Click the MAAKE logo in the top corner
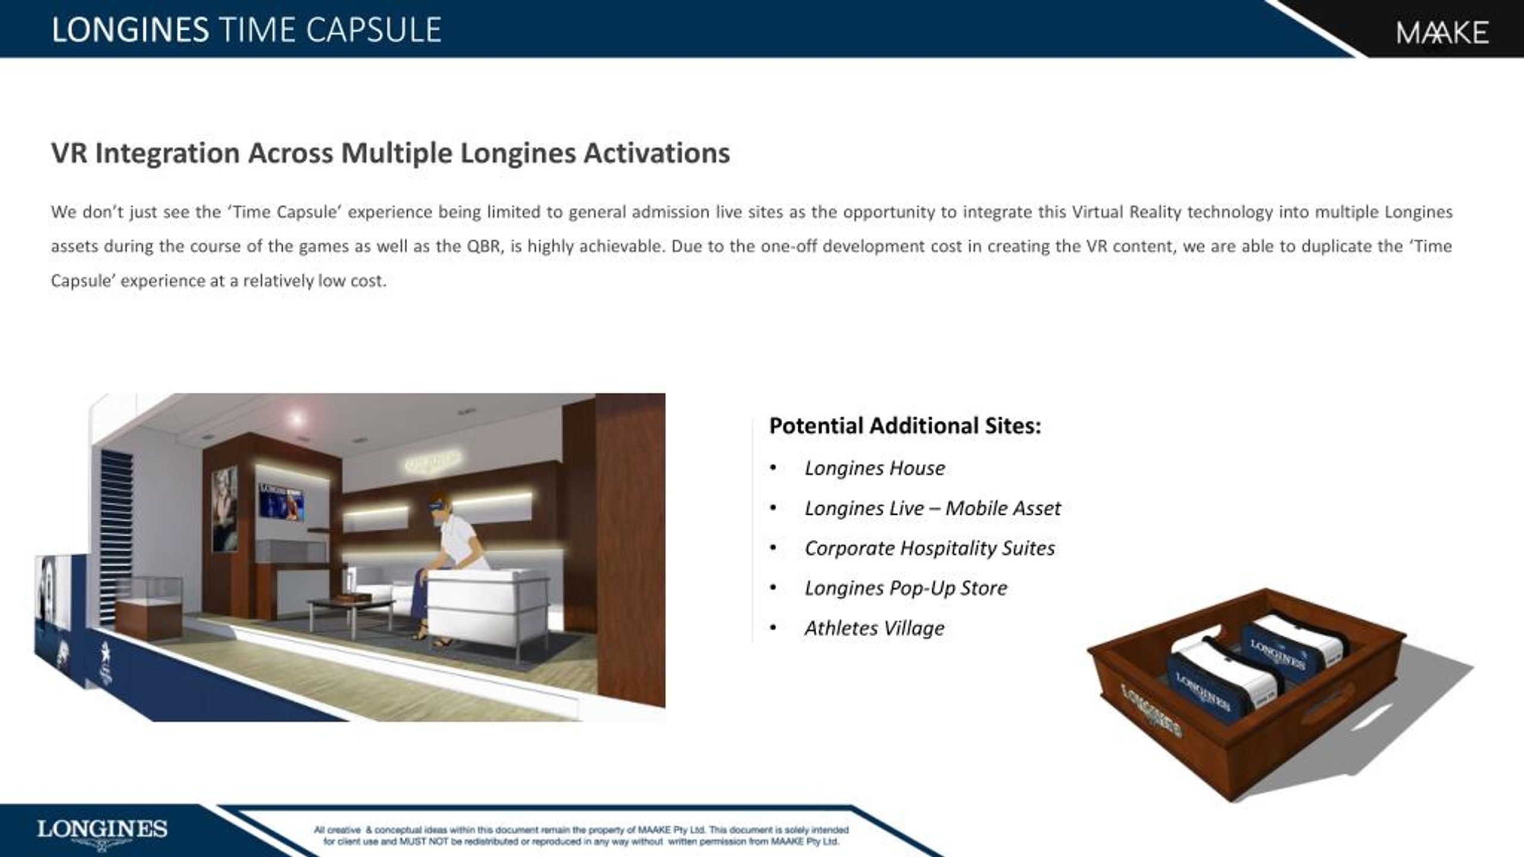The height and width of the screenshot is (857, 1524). click(x=1442, y=33)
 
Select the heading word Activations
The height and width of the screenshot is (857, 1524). click(x=657, y=153)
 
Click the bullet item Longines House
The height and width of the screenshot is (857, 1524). click(x=875, y=468)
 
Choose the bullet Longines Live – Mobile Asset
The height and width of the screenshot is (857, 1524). click(x=932, y=508)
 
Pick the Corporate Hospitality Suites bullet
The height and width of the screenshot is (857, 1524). click(x=929, y=548)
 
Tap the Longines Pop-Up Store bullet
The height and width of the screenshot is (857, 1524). click(x=905, y=588)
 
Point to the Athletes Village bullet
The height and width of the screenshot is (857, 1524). click(x=875, y=628)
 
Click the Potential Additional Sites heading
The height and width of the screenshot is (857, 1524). click(x=905, y=426)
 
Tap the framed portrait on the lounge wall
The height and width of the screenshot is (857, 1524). click(x=224, y=508)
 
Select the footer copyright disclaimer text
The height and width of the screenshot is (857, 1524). click(x=581, y=836)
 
